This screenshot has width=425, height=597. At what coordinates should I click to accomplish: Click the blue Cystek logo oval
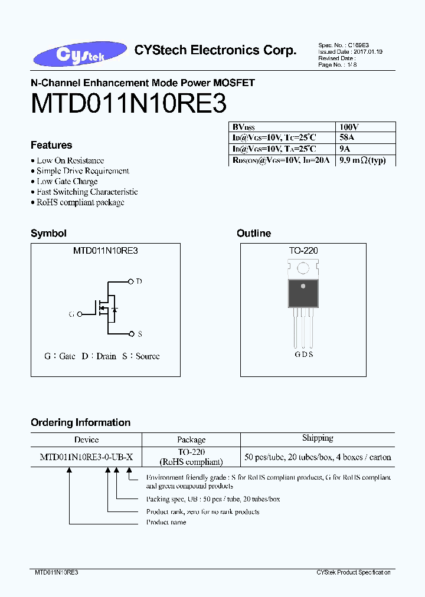tap(80, 54)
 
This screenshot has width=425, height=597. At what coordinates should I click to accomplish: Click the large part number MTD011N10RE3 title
tap(129, 103)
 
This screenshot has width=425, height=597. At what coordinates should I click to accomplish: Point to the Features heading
tap(51, 145)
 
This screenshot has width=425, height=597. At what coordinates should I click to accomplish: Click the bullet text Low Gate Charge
tap(67, 181)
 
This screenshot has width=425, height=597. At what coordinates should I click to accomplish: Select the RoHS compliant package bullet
tap(80, 202)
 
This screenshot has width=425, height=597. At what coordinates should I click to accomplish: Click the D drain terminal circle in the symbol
tap(130, 281)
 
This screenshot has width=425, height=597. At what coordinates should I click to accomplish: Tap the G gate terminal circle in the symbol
tap(80, 314)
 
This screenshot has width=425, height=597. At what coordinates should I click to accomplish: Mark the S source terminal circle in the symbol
tap(132, 334)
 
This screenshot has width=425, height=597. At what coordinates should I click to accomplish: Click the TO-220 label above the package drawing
tap(303, 251)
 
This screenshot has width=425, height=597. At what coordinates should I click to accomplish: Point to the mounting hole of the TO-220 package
tap(303, 268)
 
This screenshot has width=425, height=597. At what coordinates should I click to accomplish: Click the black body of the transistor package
tap(303, 293)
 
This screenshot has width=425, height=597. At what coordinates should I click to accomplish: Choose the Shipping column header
tap(318, 438)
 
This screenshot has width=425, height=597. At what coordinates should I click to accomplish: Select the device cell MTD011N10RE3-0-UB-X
tap(86, 457)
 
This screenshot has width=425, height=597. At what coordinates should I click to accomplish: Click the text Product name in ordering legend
tap(166, 522)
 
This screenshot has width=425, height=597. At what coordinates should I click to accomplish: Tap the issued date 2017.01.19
tap(368, 52)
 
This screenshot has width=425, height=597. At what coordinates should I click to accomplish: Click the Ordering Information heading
tap(80, 422)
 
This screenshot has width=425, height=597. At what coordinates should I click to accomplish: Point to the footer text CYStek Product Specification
tap(354, 572)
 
